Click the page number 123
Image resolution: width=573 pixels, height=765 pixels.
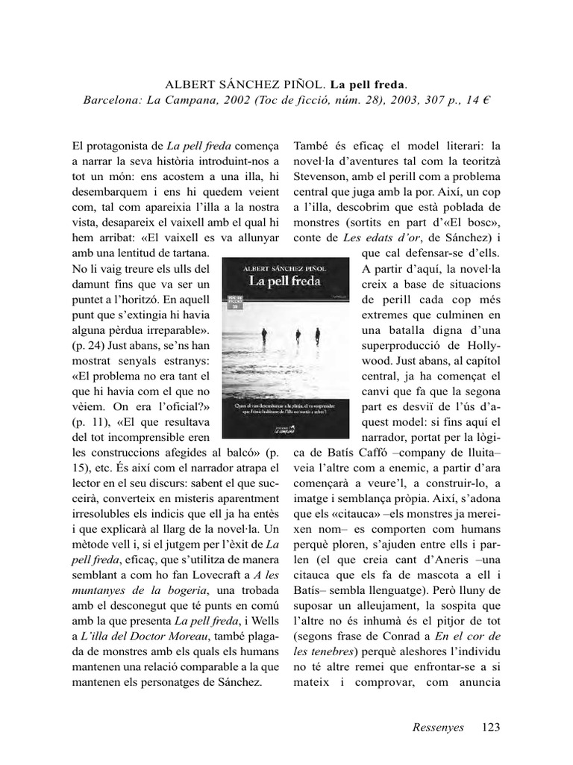pos(491,727)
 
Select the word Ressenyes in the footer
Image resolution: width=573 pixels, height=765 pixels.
pos(438,727)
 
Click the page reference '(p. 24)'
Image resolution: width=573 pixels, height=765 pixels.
pos(87,347)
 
